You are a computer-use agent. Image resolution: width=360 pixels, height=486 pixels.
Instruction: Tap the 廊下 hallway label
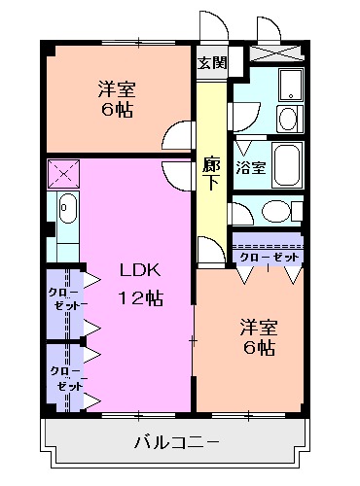211,175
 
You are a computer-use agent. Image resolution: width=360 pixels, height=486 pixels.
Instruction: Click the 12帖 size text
139,298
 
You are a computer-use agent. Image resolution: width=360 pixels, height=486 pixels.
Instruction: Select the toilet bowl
274,212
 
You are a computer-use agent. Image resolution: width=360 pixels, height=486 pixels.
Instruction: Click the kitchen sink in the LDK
65,207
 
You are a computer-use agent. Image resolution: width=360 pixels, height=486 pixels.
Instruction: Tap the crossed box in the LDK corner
64,175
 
